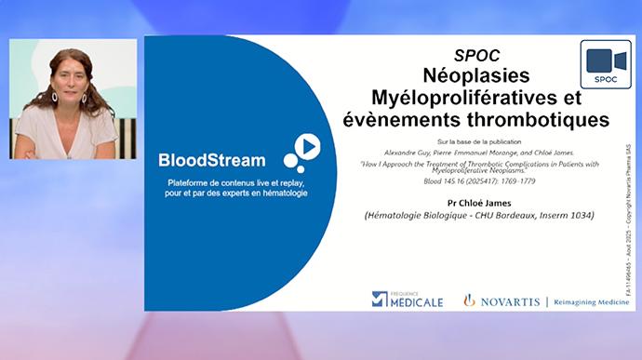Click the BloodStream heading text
click(x=211, y=160)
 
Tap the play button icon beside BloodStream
click(x=308, y=146)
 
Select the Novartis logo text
click(x=511, y=300)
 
